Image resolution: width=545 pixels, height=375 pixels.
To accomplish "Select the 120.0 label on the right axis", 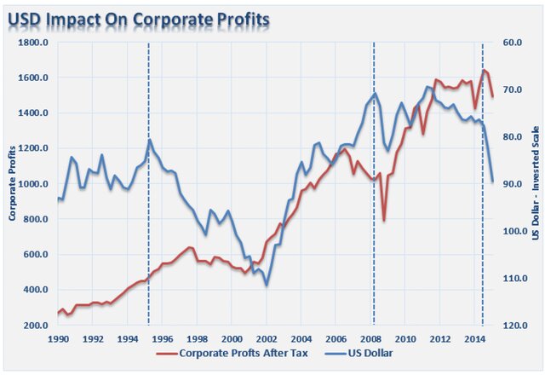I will click(x=514, y=326).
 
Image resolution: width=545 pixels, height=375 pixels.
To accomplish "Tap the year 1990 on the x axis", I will click(x=59, y=339).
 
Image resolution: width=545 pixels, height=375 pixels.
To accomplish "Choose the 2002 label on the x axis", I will click(x=266, y=339).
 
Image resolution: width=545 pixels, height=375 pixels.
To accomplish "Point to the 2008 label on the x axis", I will click(x=370, y=339).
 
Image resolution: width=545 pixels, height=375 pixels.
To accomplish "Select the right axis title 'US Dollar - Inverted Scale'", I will click(x=536, y=184).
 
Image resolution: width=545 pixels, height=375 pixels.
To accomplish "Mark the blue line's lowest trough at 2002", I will click(x=267, y=285).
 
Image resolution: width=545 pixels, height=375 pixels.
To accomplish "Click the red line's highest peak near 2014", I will click(x=484, y=71).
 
